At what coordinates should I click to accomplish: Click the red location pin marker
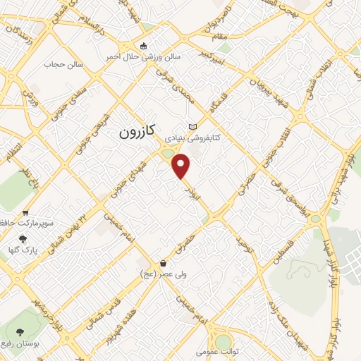click(182, 166)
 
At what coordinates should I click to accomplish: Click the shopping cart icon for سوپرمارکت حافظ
click(26, 212)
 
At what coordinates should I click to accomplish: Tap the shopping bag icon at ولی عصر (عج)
click(163, 262)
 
